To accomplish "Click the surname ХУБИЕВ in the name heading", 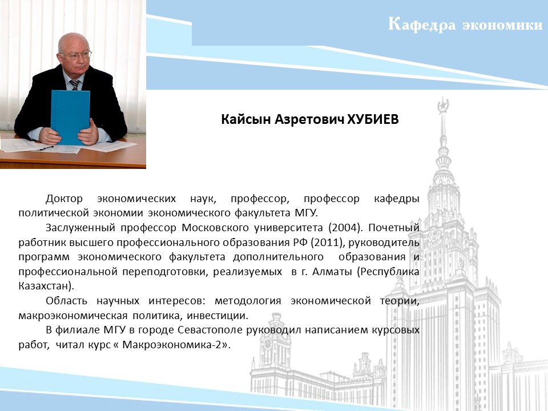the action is point(373,119).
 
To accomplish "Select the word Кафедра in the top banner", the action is point(422,25).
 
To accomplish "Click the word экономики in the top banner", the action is point(502,25).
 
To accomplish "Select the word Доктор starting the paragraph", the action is point(64,199).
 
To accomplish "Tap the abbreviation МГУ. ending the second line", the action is point(307,213).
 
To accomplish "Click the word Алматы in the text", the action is point(332,272).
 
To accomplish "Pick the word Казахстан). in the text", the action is point(46,286).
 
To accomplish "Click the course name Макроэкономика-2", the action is point(172,345).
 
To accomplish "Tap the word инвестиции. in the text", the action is point(217,316).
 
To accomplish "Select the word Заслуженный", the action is point(80,228).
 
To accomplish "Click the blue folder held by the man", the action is point(70,117).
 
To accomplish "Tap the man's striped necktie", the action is point(74,85).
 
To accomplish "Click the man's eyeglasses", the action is point(76,55).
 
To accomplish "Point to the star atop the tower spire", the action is point(443,104).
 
